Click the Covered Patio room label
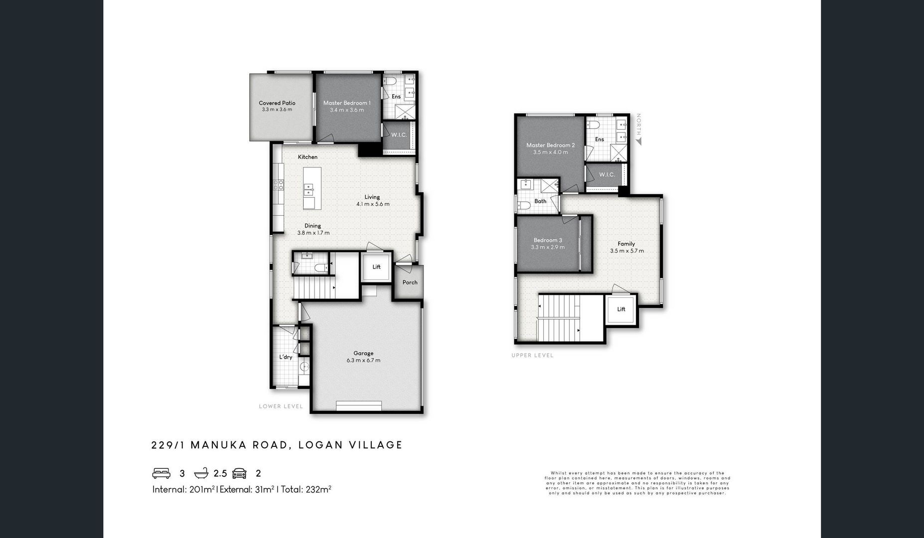tap(277, 103)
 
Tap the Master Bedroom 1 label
tap(347, 103)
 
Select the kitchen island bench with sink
tap(312, 188)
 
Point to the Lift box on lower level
tap(376, 268)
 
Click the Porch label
tap(410, 282)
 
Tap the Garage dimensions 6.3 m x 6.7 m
tap(363, 360)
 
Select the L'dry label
tap(286, 357)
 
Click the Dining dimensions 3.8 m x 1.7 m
tap(313, 233)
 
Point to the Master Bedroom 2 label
tap(550, 145)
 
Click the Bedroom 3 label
tap(548, 240)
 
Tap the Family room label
tap(626, 244)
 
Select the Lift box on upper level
tap(621, 309)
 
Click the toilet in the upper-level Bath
tap(524, 205)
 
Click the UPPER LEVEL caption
tap(532, 356)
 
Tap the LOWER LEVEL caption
tap(281, 406)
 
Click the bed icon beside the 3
tap(161, 473)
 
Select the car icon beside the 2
tap(239, 473)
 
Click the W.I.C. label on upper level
tap(607, 175)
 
